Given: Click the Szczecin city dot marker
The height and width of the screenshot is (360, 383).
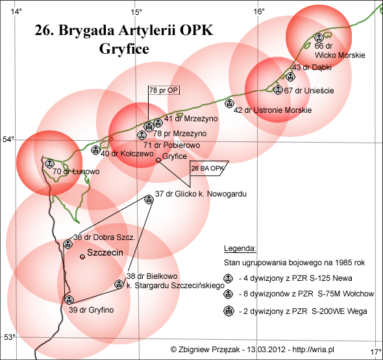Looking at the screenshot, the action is (x=82, y=257).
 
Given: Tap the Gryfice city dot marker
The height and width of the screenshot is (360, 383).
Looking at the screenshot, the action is (x=158, y=160).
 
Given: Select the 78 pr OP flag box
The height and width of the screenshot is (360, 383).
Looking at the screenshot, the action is (x=164, y=90).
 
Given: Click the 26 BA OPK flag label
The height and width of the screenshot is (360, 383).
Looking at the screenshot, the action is (x=208, y=168).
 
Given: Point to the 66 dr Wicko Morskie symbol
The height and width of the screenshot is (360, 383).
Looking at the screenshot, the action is (x=319, y=38).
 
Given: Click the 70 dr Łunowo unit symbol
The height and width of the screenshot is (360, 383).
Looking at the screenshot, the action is (x=49, y=163).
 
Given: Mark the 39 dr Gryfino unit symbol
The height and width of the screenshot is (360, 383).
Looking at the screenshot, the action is (x=69, y=300).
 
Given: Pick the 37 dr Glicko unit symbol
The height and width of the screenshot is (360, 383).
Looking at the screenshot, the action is (x=149, y=199).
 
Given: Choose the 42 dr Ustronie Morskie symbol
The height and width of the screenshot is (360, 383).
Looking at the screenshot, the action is (x=229, y=104).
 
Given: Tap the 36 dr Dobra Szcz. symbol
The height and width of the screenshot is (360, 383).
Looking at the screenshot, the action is (x=68, y=244).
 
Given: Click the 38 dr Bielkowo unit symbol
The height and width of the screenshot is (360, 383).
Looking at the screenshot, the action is (x=119, y=284).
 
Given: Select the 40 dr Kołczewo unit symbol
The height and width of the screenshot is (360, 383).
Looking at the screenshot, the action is (x=95, y=150).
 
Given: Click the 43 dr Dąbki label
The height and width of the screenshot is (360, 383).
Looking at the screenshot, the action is (x=312, y=67).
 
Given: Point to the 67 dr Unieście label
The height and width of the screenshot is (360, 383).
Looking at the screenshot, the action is (x=309, y=91).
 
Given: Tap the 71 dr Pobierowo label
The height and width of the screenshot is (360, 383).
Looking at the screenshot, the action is (x=172, y=145).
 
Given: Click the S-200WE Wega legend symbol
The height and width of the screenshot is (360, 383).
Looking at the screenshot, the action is (x=229, y=311).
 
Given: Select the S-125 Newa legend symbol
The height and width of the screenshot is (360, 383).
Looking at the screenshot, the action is (x=228, y=278).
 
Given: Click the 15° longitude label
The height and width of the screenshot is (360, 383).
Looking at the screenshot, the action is (x=136, y=12).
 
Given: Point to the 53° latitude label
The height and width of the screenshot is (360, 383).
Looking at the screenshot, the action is (x=9, y=337).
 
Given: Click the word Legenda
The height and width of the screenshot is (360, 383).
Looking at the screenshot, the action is (x=240, y=248).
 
